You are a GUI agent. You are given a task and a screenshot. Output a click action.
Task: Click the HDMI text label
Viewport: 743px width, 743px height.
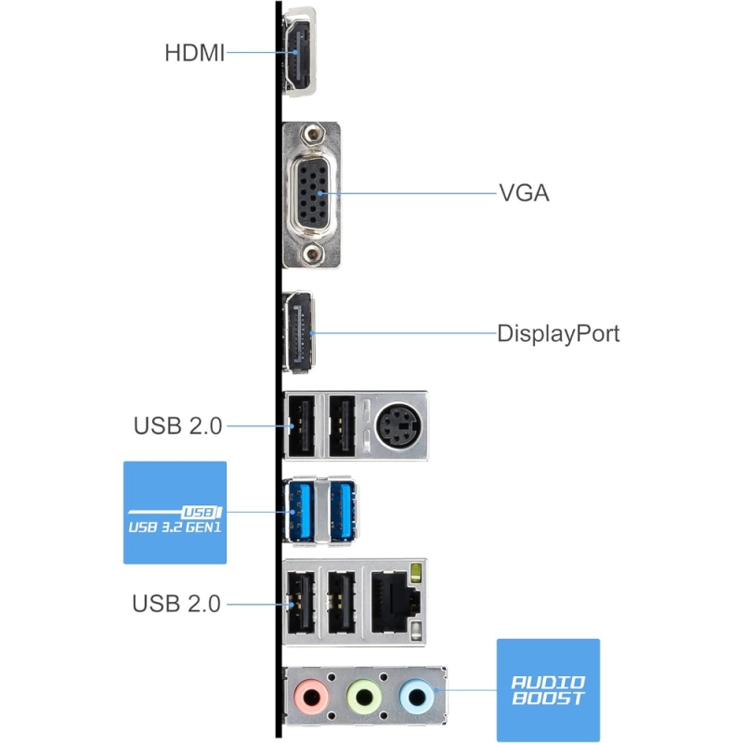pos(194,53)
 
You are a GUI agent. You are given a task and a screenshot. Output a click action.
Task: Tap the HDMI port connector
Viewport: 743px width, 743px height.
pos(298,52)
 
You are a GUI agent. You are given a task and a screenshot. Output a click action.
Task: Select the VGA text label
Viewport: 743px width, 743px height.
pos(524,193)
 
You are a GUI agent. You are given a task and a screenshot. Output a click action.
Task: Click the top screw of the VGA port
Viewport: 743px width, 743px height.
pos(312,135)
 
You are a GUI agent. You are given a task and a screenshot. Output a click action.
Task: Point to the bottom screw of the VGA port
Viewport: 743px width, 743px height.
pos(312,254)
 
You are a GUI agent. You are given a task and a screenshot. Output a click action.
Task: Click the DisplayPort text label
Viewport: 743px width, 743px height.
pos(558,333)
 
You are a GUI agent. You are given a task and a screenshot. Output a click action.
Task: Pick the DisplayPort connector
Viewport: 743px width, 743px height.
pos(298,332)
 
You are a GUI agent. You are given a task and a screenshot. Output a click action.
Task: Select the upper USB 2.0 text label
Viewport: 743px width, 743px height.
pos(177,425)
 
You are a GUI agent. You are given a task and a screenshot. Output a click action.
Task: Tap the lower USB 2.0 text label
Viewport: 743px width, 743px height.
pos(176,604)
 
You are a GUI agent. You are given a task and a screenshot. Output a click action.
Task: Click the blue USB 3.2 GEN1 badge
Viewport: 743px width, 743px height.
pos(175,513)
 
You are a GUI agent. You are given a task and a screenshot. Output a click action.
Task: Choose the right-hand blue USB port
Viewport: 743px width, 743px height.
pos(343,511)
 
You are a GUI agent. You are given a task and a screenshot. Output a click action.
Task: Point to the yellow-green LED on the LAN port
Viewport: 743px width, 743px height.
pos(416,573)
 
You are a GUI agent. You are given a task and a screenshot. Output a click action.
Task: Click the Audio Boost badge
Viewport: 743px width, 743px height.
pos(548,690)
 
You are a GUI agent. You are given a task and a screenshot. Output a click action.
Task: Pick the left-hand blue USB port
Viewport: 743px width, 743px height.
pos(299,511)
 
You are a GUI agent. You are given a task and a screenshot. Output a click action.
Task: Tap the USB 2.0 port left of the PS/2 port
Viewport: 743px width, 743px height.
pos(342,426)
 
